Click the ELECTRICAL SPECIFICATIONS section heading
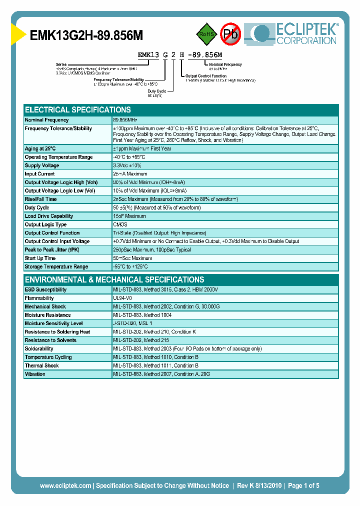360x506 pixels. tap(78, 109)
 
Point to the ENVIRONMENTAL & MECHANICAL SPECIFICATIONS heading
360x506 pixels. tap(114, 279)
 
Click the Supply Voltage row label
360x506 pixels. tap(42, 165)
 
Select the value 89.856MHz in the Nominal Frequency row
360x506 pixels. tap(125, 120)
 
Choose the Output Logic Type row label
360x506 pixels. tap(45, 224)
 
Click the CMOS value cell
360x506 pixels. tap(120, 224)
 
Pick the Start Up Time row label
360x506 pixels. tap(40, 258)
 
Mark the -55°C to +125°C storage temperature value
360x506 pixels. tap(133, 266)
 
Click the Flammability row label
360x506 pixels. tap(39, 298)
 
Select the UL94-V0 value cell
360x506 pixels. tap(122, 298)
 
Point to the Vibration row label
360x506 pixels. tap(35, 374)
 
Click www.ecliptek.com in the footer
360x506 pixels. tap(65, 485)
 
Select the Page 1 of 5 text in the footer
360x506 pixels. tap(303, 485)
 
